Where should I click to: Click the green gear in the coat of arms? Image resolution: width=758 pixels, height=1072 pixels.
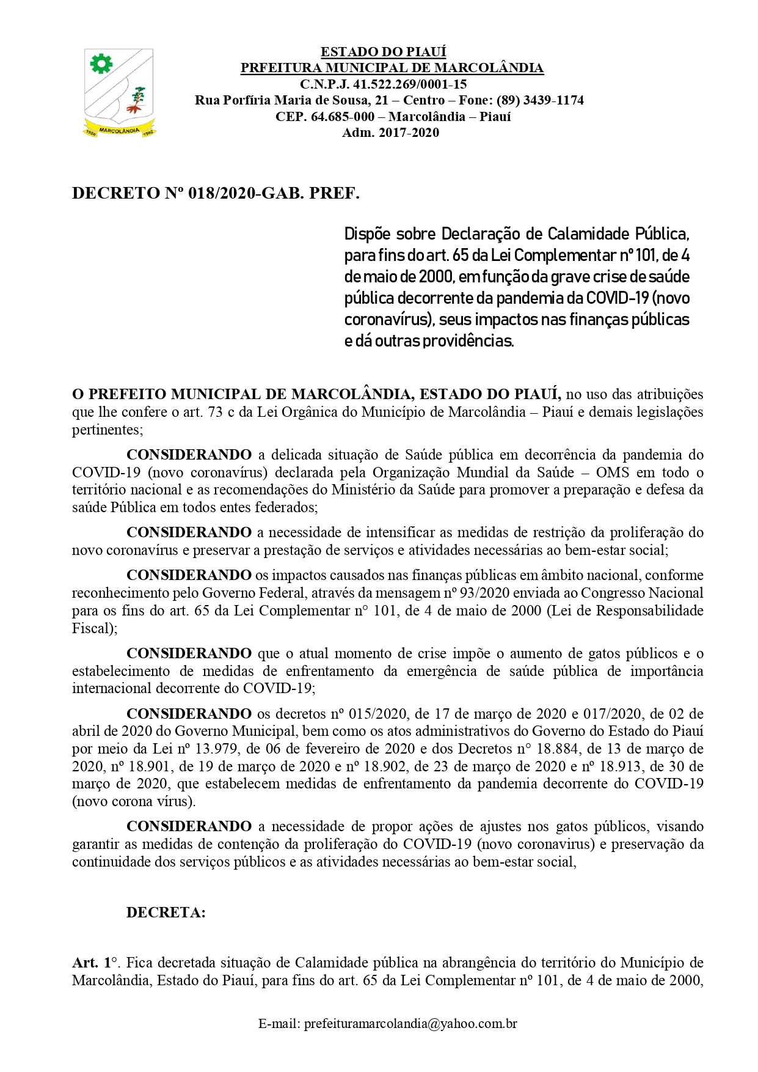(101, 63)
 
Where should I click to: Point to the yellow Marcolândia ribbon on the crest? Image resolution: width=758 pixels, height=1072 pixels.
(119, 130)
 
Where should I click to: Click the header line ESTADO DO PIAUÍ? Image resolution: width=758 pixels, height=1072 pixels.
(383, 51)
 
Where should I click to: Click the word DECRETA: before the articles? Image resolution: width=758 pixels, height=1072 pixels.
(166, 912)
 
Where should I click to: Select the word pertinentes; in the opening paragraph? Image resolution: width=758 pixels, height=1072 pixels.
(108, 430)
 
